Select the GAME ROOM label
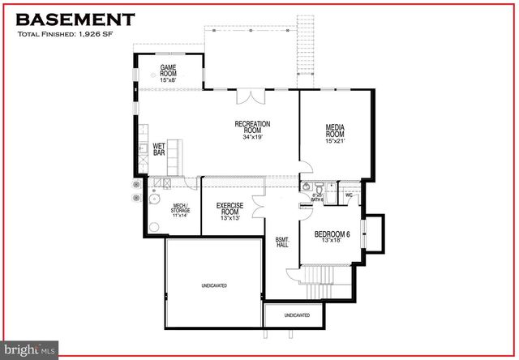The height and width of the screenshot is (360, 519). [x=169, y=72]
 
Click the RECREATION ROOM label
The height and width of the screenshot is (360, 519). [x=252, y=130]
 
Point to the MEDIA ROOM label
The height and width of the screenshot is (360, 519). [x=336, y=133]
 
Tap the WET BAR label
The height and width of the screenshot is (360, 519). [x=159, y=149]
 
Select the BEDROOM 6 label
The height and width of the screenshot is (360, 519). [x=332, y=238]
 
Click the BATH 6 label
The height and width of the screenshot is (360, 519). [x=318, y=198]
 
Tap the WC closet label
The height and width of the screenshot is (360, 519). [x=349, y=195]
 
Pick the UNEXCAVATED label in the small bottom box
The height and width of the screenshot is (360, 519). [x=297, y=315]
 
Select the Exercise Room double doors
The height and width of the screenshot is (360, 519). [x=258, y=208]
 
